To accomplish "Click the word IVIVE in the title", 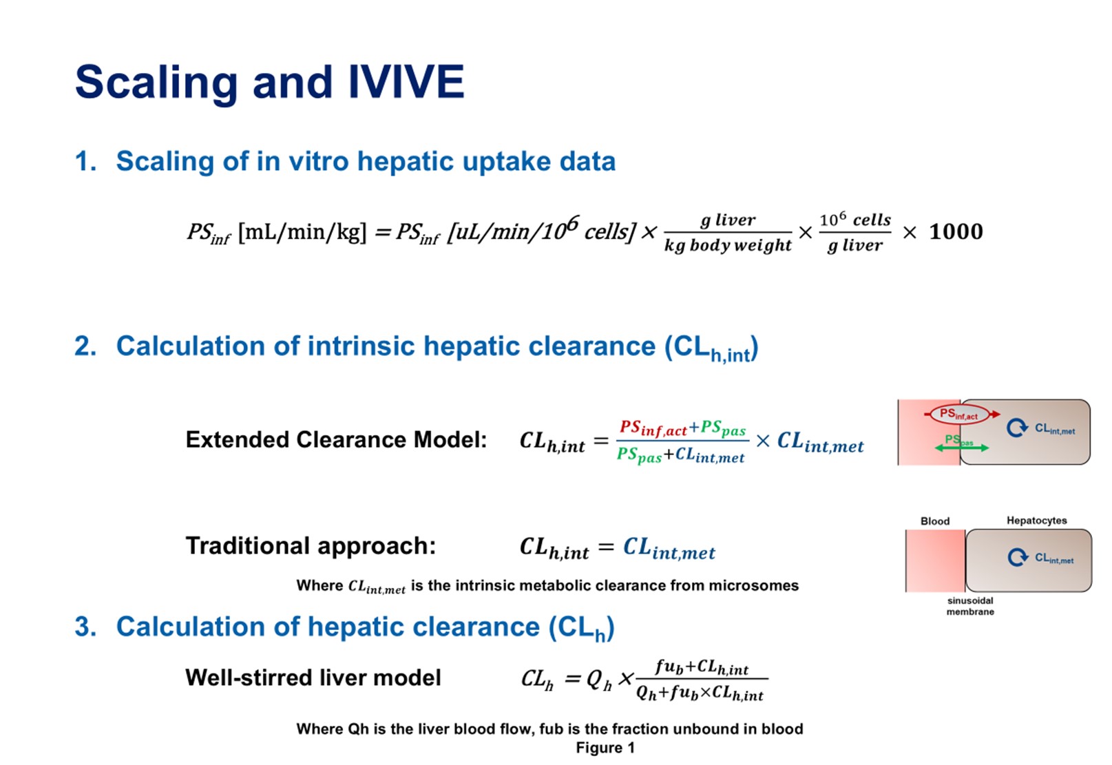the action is (x=406, y=81).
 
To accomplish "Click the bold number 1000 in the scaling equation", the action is (x=956, y=232).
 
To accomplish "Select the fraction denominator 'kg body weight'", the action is (x=728, y=245).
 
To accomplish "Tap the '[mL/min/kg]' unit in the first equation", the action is (x=302, y=232).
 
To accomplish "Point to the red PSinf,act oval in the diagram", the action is (x=959, y=415).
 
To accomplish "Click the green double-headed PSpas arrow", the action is (x=962, y=448).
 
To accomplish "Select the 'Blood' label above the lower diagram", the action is (x=935, y=521).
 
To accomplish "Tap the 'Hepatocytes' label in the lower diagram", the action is (x=1036, y=521).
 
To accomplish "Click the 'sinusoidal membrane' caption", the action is (x=970, y=606).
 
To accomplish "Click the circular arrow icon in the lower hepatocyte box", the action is (x=1018, y=557).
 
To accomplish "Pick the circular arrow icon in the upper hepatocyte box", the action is (x=1017, y=428).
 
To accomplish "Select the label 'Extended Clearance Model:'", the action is (x=336, y=440).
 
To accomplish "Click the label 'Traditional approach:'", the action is (x=311, y=546).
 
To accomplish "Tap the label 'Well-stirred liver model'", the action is (x=313, y=678).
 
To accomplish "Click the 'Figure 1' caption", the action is (x=605, y=748).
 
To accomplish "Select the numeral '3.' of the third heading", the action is (x=85, y=627).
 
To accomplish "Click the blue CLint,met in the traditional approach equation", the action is (x=669, y=549).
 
